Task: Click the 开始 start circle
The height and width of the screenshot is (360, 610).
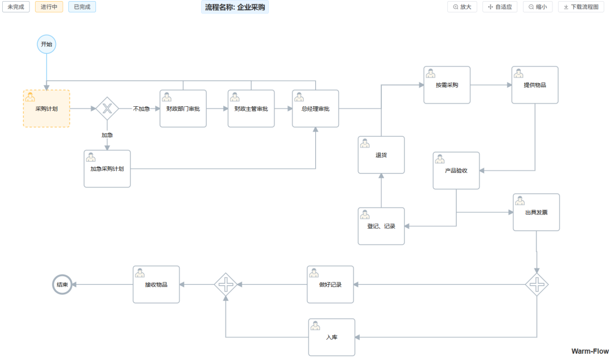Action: point(46,44)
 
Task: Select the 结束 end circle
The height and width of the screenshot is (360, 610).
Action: point(62,285)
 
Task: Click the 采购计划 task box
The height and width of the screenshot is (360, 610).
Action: point(46,109)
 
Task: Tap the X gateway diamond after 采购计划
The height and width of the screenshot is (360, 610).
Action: point(107,109)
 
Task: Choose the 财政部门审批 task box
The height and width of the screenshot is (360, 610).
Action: point(183,109)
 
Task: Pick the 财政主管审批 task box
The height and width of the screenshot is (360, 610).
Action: point(251,109)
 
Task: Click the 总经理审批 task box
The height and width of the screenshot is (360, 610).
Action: point(315,109)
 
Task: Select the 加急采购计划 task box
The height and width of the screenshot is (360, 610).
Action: point(107,168)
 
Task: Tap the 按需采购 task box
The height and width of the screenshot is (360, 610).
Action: point(447,85)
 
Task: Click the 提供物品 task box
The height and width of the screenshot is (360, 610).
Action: point(535,85)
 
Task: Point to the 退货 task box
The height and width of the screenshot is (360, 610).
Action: point(381,155)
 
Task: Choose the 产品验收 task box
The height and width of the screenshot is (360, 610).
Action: point(456,170)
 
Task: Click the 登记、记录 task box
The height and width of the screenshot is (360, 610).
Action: point(381,226)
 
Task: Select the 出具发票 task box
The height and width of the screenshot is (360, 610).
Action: point(536,212)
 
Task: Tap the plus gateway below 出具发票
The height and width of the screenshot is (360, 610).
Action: point(537,284)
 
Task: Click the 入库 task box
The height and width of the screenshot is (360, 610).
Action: point(332,337)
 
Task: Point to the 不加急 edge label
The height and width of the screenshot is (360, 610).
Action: point(141,109)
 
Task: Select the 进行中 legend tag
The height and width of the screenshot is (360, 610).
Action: point(49,7)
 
